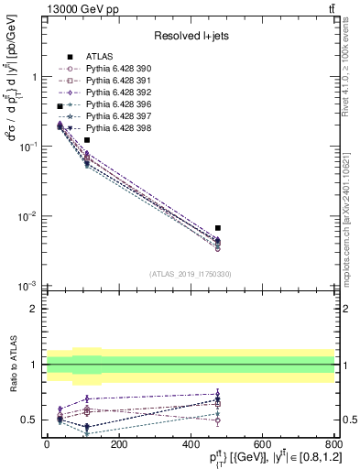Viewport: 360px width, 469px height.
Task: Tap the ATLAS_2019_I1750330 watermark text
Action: pyautogui.click(x=191, y=274)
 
